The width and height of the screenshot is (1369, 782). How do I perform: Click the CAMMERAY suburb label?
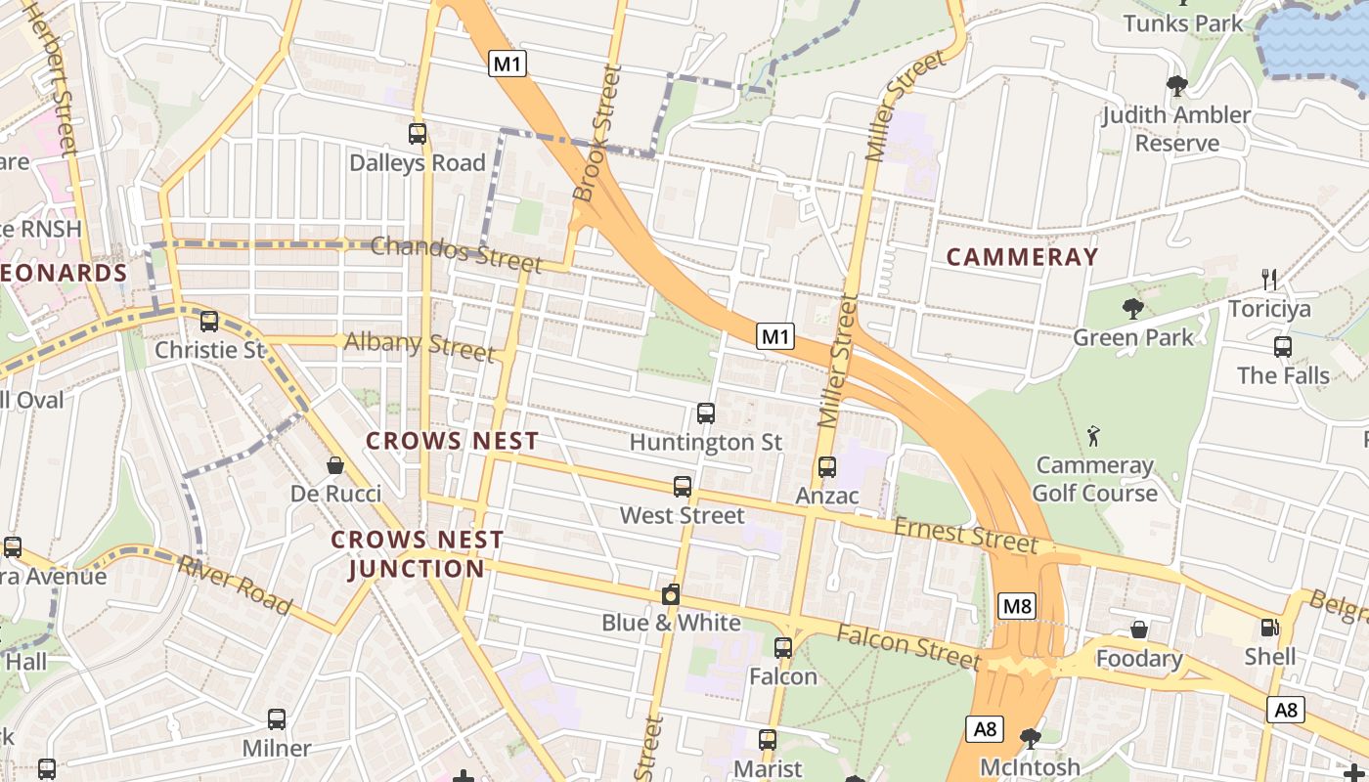click(x=1022, y=257)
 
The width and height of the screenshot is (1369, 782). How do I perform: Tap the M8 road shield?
click(x=1017, y=606)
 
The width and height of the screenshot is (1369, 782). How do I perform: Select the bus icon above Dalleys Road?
click(x=418, y=134)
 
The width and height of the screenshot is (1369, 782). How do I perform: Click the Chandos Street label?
click(x=456, y=254)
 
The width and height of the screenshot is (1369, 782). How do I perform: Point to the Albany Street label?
click(x=419, y=344)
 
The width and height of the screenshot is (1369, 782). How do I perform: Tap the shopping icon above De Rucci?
click(x=335, y=465)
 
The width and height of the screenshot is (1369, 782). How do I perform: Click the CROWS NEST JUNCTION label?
click(x=417, y=554)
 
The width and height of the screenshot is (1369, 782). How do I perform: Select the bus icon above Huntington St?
click(x=705, y=413)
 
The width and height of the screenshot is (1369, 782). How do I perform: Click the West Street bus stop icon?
click(x=683, y=486)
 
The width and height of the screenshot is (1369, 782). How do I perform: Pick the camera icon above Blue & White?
click(x=671, y=594)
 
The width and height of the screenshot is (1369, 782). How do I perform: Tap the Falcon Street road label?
click(x=907, y=646)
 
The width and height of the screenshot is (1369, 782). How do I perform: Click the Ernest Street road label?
click(x=965, y=535)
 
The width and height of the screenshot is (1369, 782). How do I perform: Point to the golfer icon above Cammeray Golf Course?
click(x=1094, y=436)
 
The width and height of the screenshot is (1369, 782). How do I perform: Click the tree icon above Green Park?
click(x=1133, y=309)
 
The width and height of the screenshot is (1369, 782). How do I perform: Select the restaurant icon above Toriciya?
click(x=1269, y=281)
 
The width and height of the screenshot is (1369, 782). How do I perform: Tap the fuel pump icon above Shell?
click(x=1270, y=628)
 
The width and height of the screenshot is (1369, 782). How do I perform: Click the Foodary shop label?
click(x=1139, y=659)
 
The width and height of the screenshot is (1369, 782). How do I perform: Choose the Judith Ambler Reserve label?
click(x=1177, y=129)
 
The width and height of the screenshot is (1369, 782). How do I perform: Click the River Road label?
click(x=235, y=585)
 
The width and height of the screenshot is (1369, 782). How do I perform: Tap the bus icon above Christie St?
click(x=208, y=322)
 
